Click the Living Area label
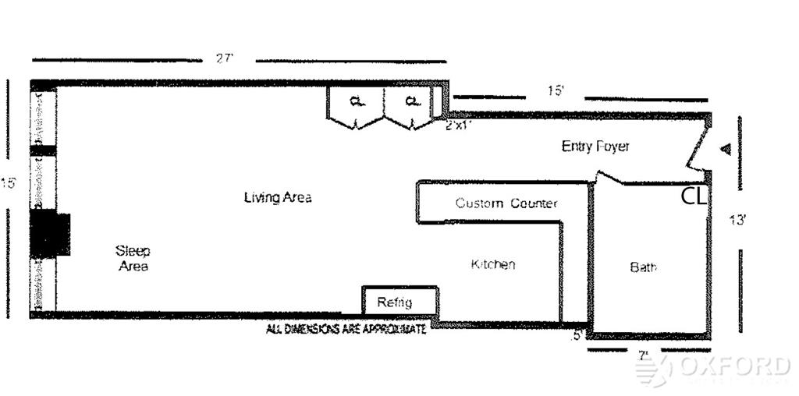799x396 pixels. (278, 197)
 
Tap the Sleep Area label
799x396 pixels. (133, 258)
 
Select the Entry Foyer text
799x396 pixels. (595, 146)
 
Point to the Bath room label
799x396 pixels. (643, 267)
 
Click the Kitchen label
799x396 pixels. (493, 264)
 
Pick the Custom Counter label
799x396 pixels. (506, 203)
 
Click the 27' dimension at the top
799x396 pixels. (225, 58)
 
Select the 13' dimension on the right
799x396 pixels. (737, 219)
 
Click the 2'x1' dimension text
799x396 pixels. (459, 125)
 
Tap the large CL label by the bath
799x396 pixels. (694, 196)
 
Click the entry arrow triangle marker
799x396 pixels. (725, 149)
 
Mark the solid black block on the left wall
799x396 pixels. (50, 234)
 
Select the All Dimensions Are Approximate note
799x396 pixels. (346, 330)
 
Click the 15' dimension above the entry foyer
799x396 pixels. (555, 90)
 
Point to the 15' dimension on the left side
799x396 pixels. (9, 183)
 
